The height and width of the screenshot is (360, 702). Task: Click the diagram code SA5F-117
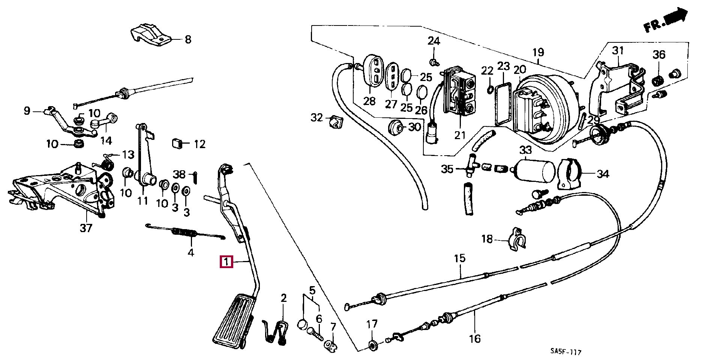pyautogui.click(x=566, y=352)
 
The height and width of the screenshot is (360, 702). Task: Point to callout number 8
pyautogui.click(x=188, y=39)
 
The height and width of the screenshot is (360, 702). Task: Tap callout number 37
pyautogui.click(x=86, y=228)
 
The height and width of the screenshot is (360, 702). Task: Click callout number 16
pyautogui.click(x=474, y=339)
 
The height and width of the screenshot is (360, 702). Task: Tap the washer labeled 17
pyautogui.click(x=372, y=344)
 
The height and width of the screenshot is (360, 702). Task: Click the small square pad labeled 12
pyautogui.click(x=177, y=143)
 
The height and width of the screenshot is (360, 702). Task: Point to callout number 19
pyautogui.click(x=538, y=52)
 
